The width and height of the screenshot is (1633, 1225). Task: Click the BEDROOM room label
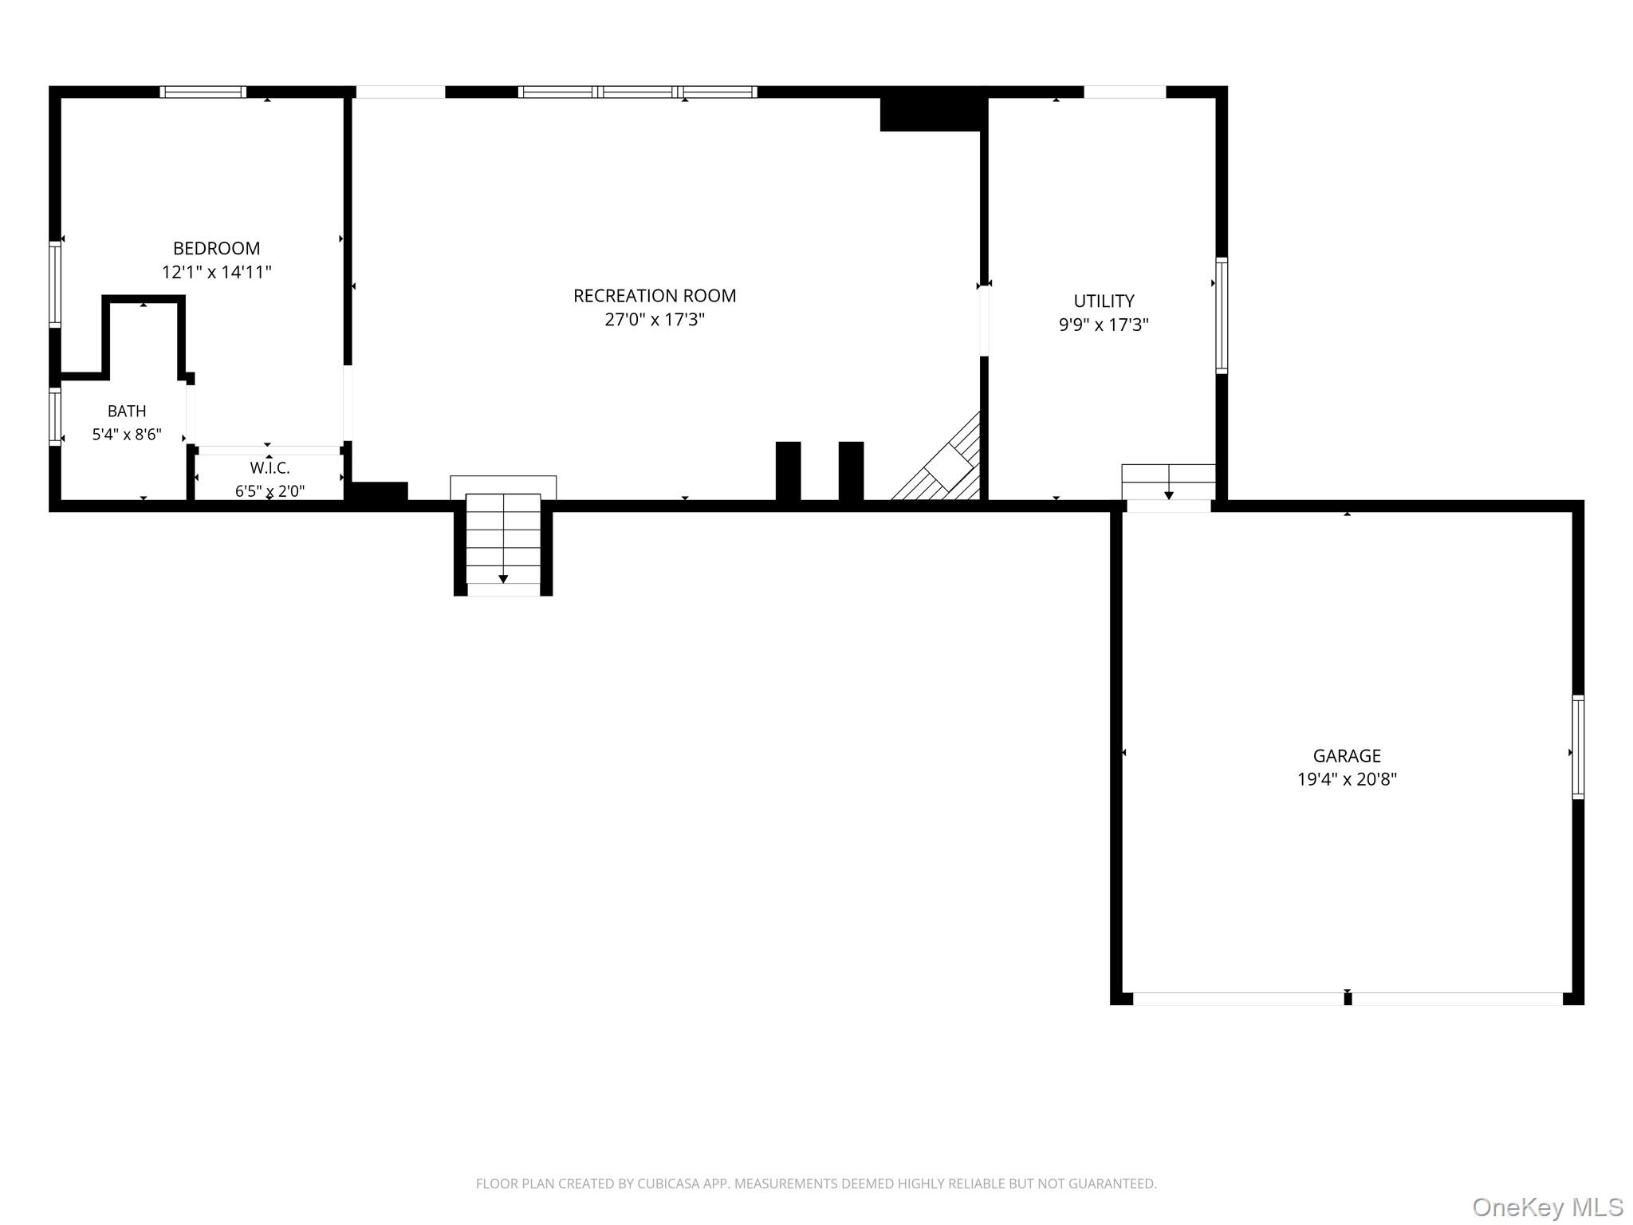[x=216, y=248]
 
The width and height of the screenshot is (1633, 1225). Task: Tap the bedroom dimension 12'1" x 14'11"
[x=217, y=272]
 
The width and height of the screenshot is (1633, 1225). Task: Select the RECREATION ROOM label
[x=655, y=296]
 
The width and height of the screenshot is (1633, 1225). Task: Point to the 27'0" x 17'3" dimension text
[x=655, y=320]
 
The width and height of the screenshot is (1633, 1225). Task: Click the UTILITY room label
[x=1104, y=301]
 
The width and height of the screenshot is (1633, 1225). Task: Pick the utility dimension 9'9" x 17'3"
[x=1104, y=325]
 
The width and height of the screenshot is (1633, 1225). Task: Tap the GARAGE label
[x=1347, y=755]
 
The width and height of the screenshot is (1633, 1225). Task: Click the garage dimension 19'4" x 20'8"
[x=1347, y=779]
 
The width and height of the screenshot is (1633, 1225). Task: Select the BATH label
[x=127, y=412]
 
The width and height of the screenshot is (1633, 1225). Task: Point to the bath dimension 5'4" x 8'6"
[x=127, y=435]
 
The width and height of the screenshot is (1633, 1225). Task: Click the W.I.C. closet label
[x=270, y=468]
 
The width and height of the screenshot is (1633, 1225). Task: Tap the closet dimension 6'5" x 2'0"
[x=270, y=491]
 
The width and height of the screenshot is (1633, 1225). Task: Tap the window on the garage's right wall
[x=1578, y=747]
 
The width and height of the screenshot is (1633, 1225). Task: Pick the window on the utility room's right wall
[x=1222, y=315]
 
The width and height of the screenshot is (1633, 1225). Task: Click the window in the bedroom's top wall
[x=203, y=92]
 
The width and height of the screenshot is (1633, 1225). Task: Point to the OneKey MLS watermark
[x=1548, y=1207]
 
